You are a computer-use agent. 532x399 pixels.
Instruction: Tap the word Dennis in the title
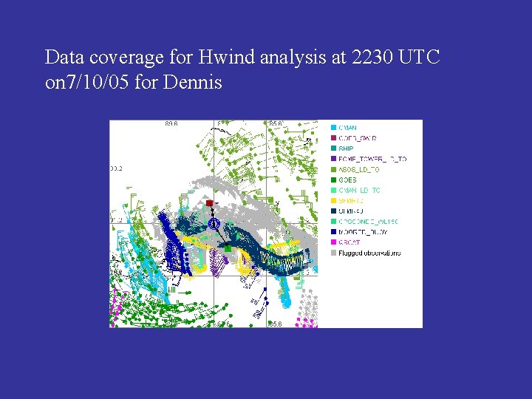(194, 82)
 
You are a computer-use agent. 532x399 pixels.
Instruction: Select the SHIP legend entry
(346, 149)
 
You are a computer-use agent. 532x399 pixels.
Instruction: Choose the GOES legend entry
(347, 180)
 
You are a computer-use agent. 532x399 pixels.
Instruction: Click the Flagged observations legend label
(369, 253)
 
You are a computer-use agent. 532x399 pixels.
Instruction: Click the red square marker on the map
(210, 202)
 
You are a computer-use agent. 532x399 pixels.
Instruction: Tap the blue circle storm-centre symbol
(214, 223)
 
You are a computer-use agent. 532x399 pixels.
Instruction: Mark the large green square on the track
(228, 249)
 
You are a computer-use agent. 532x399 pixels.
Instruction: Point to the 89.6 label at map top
(173, 123)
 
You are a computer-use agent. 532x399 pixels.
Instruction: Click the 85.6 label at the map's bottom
(276, 324)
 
